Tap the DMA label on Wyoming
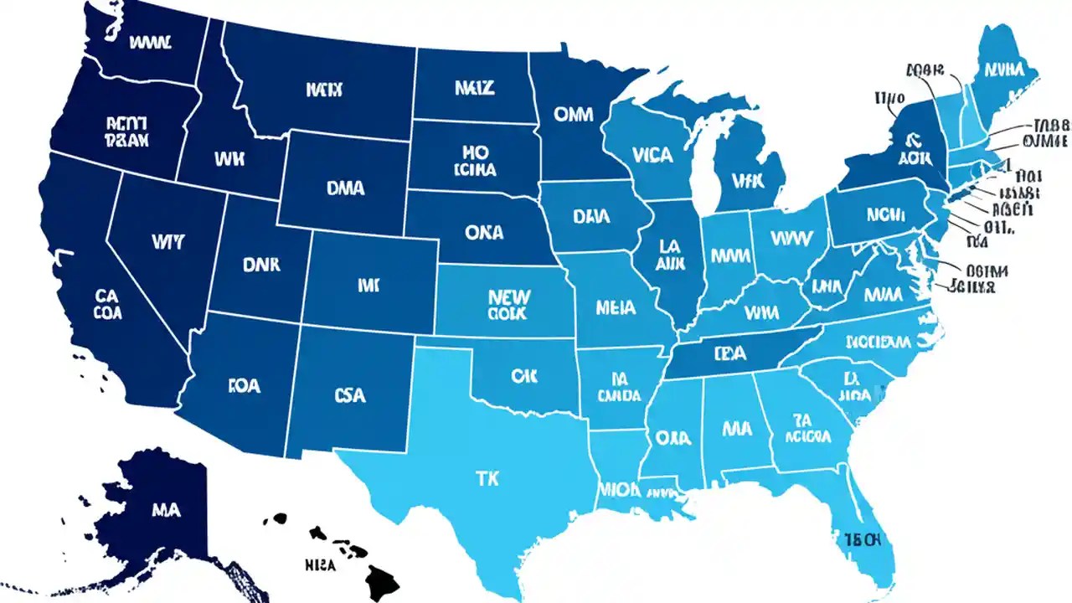coord(345,188)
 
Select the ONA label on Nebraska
coord(484,233)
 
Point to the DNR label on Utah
coord(262,265)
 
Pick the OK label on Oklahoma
coord(523,376)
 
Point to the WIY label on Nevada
coord(168,241)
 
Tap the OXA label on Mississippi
coord(673,437)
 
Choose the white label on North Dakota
coord(474,87)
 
